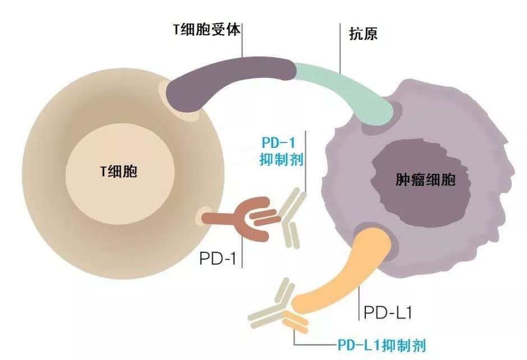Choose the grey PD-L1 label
[x=388, y=312]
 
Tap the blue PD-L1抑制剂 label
[x=385, y=344]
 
